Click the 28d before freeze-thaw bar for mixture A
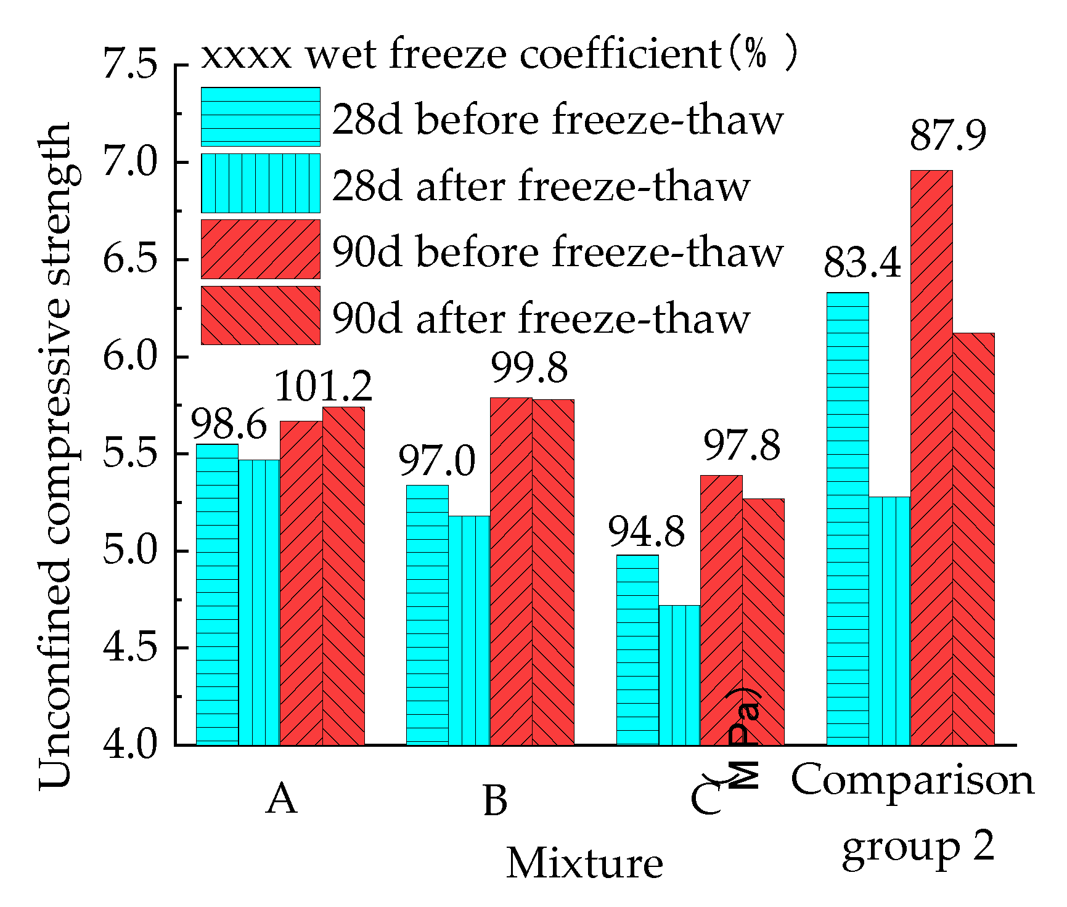coord(217,595)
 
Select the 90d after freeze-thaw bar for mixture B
coord(553,572)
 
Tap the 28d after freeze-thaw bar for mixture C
coord(679,675)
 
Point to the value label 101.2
coord(323,387)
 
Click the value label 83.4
coord(862,262)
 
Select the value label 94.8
coord(646,531)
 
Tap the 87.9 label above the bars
coord(948,136)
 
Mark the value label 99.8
coord(529,368)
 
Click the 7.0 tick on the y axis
coord(130,162)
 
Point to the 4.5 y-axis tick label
coord(130,648)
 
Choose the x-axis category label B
coord(495,800)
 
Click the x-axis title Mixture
coord(584,863)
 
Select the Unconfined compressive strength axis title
coord(55,456)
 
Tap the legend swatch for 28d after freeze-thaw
coord(260,184)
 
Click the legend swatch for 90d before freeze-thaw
coord(260,250)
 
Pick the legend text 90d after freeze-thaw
coord(541,319)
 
